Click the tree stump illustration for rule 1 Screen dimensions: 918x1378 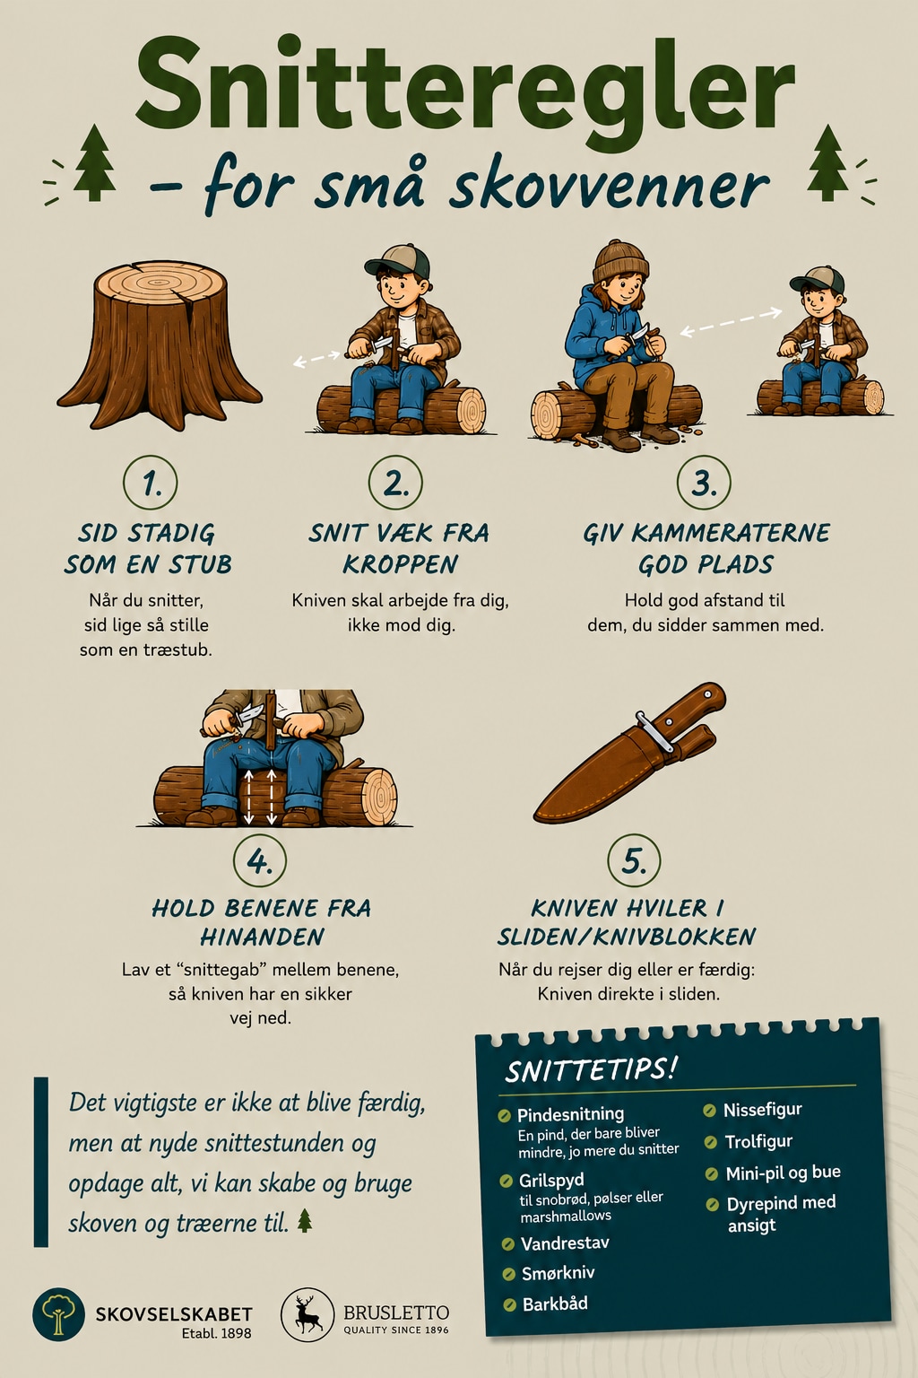160,344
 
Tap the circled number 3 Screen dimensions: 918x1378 704,483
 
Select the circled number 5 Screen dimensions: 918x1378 634,860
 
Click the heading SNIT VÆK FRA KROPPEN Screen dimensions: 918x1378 400,548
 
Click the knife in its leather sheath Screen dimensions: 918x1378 630,753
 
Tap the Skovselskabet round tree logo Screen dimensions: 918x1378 58,1314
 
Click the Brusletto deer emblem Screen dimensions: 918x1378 307,1314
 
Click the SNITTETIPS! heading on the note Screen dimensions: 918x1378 590,1070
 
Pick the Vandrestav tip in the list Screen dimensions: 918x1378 565,1243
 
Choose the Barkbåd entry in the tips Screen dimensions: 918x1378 555,1304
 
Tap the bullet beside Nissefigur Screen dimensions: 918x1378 709,1111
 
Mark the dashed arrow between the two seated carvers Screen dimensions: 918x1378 731,322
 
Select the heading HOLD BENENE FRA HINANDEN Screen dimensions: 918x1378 261,922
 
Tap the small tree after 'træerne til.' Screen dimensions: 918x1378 305,1220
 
